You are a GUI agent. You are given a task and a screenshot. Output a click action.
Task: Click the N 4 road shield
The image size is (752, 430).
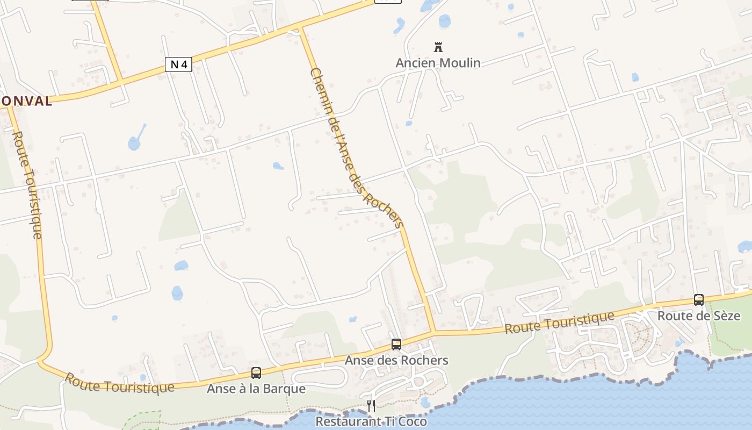tap(178, 65)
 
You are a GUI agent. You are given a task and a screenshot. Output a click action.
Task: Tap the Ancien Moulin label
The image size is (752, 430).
tap(438, 63)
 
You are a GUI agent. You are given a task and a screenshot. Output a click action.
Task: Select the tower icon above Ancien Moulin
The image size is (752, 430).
tap(438, 47)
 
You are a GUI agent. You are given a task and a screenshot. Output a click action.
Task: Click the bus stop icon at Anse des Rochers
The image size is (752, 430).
tap(396, 345)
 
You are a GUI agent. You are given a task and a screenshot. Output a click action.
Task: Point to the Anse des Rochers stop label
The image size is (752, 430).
tap(396, 360)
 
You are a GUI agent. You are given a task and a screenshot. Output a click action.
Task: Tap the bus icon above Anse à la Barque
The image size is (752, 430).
tap(256, 373)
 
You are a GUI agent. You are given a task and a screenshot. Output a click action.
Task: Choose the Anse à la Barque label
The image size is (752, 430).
tap(256, 389)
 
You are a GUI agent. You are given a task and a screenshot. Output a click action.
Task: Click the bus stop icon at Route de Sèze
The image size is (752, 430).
tap(698, 300)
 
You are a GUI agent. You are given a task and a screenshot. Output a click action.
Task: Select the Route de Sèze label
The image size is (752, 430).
tap(698, 316)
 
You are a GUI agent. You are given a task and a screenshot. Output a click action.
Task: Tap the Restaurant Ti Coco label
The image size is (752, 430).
tap(371, 421)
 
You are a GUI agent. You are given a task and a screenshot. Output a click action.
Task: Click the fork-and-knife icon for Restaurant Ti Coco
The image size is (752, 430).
tap(371, 404)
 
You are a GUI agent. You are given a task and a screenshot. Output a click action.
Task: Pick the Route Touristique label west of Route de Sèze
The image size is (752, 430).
tap(559, 321)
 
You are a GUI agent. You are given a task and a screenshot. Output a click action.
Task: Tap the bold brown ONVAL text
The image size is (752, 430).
tap(26, 101)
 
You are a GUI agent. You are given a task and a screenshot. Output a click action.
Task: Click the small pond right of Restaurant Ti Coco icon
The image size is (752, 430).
tap(425, 402)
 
